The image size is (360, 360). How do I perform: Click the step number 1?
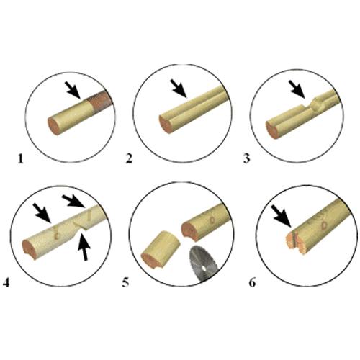pos(21,159)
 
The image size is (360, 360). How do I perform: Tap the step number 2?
pos(129,158)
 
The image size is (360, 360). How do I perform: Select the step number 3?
pos(246,158)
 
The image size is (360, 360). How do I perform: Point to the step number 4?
pos(6,283)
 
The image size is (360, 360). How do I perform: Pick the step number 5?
pos(125,283)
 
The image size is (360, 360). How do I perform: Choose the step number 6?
pos(252,283)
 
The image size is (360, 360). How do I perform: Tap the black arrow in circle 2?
pos(179,89)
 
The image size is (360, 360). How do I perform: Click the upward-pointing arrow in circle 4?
pos(84,247)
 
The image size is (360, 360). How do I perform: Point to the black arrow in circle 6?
pos(282,216)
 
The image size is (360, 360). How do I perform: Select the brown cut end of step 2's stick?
pos(166,125)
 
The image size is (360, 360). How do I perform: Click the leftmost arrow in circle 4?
pos(42,212)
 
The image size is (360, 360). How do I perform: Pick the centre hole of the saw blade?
pos(203,268)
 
